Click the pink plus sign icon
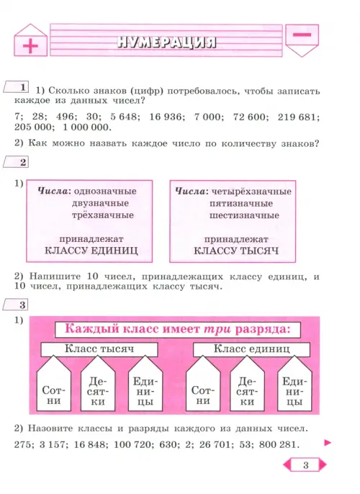[x=30, y=46]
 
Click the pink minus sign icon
[x=302, y=35]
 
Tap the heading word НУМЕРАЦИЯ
[x=166, y=42]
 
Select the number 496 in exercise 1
[x=66, y=117]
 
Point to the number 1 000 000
[x=87, y=127]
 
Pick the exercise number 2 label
[x=16, y=162]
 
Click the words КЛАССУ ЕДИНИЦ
[x=91, y=251]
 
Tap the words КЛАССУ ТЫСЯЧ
[x=236, y=251]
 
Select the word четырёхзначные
[x=251, y=192]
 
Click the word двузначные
[x=100, y=203]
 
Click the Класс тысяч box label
[x=99, y=349]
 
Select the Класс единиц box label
[x=251, y=349]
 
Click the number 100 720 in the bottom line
[x=132, y=444]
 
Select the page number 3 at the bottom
[x=305, y=465]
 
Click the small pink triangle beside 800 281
[x=328, y=443]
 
